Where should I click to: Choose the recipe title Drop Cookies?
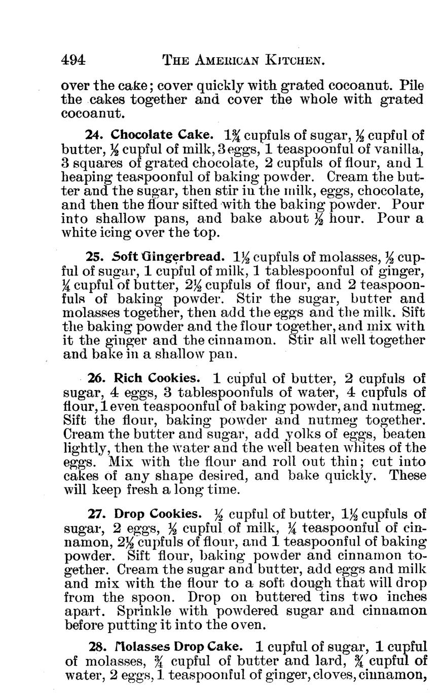158,515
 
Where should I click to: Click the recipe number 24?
95,135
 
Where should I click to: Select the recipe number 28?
97,647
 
